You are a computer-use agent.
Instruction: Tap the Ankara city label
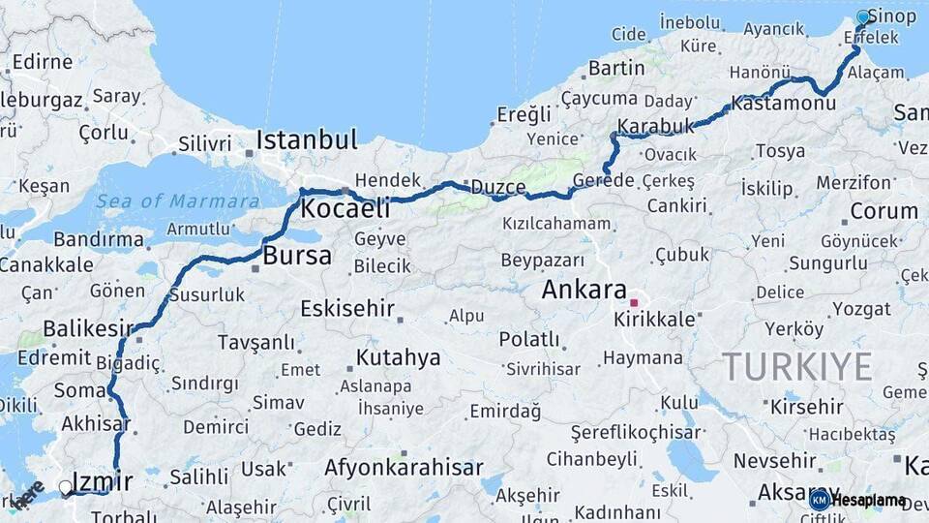(x=584, y=289)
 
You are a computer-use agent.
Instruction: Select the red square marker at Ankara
(x=634, y=302)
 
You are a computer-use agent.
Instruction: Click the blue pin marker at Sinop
(x=864, y=17)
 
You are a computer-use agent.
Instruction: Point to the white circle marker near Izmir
(x=66, y=487)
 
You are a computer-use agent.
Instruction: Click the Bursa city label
(x=297, y=257)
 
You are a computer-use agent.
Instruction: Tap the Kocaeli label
(x=345, y=208)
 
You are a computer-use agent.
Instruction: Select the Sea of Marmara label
(x=178, y=201)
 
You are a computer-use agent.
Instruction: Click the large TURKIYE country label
(x=797, y=368)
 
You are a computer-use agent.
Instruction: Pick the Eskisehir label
(x=347, y=309)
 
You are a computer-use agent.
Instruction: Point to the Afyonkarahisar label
(x=404, y=468)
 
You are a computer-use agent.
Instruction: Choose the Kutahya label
(x=398, y=357)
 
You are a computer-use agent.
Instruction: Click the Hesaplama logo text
(x=868, y=501)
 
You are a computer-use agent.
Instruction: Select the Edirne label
(x=43, y=62)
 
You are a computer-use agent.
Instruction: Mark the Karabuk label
(x=656, y=127)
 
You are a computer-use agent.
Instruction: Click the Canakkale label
(x=45, y=264)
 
